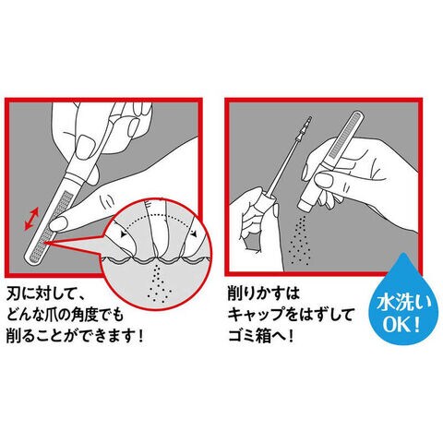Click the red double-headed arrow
click(x=31, y=219)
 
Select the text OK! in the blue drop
click(x=401, y=326)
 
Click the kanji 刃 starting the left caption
click(x=15, y=295)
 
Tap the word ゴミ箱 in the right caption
click(x=250, y=336)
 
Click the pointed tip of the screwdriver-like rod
click(x=310, y=117)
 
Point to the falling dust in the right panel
click(x=299, y=238)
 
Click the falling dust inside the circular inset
click(x=158, y=282)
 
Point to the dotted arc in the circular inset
click(x=158, y=220)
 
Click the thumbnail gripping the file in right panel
click(x=324, y=178)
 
